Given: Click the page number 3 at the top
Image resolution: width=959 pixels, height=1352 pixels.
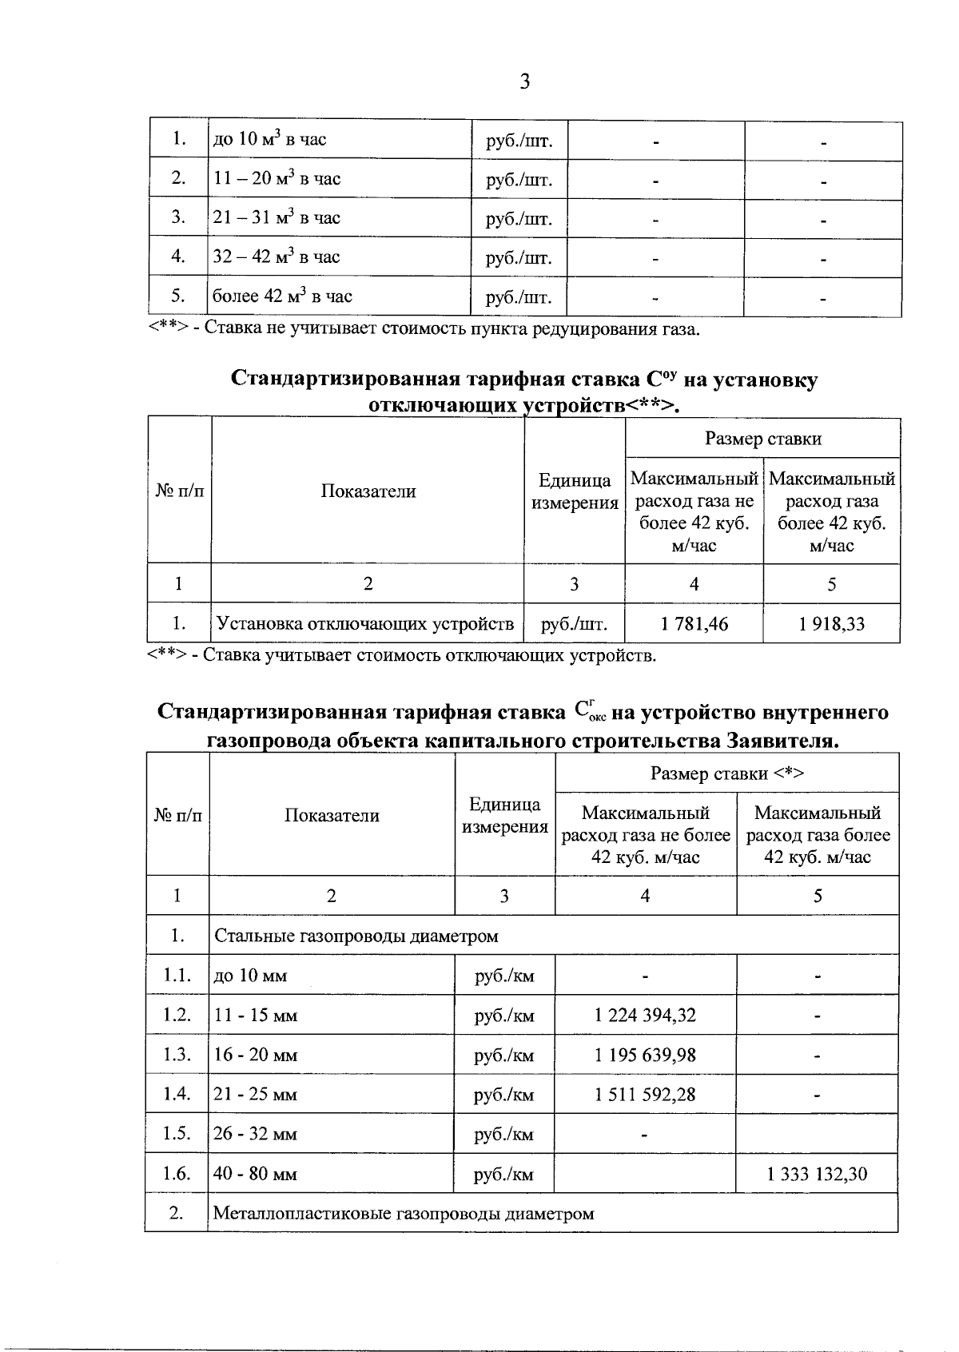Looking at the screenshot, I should (x=525, y=82).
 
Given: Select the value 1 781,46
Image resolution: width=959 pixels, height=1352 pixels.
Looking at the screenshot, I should (x=694, y=624).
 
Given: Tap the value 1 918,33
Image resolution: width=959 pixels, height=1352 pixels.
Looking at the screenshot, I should (x=831, y=624).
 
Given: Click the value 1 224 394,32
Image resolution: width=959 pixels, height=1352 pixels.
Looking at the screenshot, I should (x=645, y=1016).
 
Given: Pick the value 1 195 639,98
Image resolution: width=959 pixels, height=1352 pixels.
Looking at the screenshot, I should (x=645, y=1055).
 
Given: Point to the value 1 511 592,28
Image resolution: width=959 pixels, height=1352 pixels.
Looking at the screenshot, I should (x=645, y=1095).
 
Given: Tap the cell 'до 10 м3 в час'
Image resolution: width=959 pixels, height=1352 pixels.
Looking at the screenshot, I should (x=269, y=140).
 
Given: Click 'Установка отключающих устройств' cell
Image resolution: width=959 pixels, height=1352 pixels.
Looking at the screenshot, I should (x=366, y=624).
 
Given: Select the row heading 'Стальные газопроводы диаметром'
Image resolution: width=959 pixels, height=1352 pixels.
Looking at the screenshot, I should (x=356, y=936).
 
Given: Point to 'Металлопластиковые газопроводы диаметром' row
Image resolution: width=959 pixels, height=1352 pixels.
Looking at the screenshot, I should (x=404, y=1214).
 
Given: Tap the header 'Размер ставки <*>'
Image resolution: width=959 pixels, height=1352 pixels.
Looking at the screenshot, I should (x=726, y=773).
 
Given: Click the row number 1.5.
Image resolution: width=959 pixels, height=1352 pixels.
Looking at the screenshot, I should (x=177, y=1134).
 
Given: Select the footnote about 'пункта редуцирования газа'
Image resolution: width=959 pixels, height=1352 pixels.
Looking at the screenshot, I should (x=424, y=329).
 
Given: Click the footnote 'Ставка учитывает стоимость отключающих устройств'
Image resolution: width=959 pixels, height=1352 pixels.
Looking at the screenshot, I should (x=402, y=657).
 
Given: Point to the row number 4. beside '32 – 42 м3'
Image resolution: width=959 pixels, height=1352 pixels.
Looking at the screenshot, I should (x=177, y=257).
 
